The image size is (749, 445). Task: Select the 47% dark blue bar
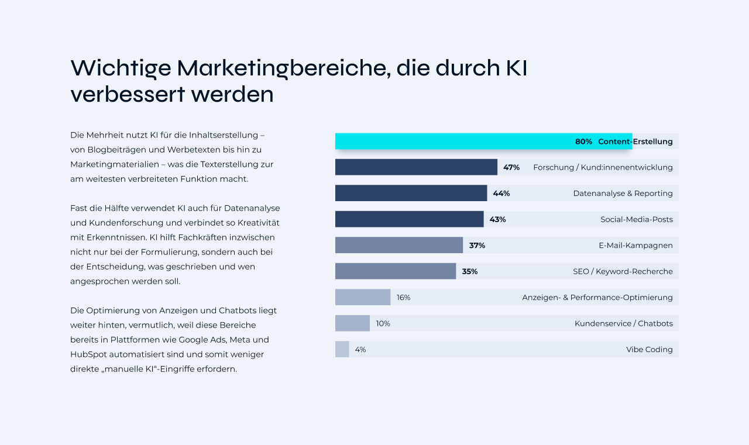[x=415, y=167]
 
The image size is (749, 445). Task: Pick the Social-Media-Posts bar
[x=409, y=219]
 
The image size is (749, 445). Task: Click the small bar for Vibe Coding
[x=342, y=349]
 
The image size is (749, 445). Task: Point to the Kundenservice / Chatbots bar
[x=352, y=323]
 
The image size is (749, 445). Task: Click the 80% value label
[x=583, y=142]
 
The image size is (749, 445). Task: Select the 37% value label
[x=477, y=246]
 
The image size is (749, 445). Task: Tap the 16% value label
[x=403, y=297]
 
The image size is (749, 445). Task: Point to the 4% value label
[x=360, y=350]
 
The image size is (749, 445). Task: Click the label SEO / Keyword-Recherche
[x=623, y=271]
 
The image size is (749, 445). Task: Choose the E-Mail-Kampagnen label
[x=635, y=246]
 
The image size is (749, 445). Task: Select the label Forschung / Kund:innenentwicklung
[x=603, y=167]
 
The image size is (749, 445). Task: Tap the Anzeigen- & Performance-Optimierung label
[x=597, y=297]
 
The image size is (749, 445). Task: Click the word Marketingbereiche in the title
[x=283, y=68]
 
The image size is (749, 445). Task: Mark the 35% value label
[x=469, y=271]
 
